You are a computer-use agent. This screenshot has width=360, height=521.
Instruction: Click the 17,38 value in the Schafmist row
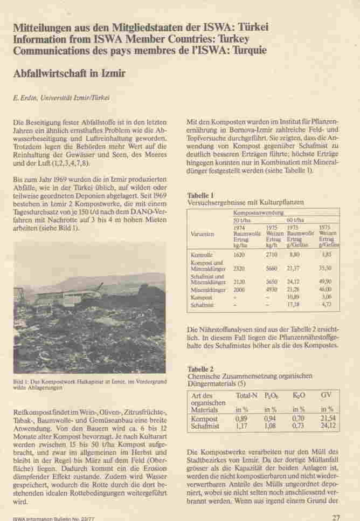pos(294,304)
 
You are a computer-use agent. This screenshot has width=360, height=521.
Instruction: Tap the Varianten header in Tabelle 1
pos(203,234)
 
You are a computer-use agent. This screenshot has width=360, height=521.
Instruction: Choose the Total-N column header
pos(246,396)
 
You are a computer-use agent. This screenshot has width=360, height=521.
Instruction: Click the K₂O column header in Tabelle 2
pos(299,396)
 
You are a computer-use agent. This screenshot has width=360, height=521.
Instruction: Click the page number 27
pos(336,517)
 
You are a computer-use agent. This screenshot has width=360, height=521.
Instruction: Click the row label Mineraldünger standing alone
pos(208,289)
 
